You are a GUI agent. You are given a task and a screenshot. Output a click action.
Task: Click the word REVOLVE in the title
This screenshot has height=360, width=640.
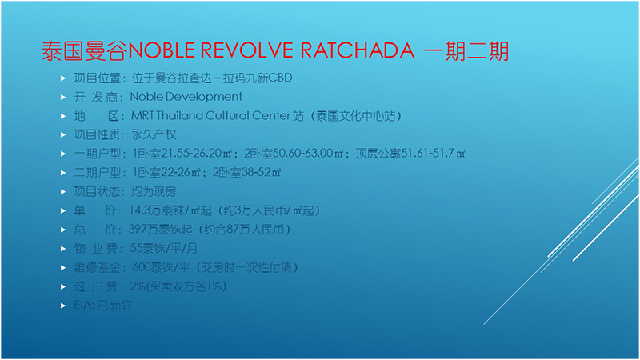point(247,50)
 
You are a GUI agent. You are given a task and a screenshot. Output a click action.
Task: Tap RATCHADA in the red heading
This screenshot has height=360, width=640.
point(358,50)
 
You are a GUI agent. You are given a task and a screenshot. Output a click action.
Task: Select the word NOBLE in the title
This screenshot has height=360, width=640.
point(162,50)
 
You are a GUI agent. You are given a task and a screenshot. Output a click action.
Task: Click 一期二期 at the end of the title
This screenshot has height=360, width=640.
point(466,51)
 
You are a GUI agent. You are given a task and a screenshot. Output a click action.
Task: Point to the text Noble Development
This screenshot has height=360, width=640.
point(186,97)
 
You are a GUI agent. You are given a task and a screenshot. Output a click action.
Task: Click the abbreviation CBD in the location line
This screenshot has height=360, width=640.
point(281,78)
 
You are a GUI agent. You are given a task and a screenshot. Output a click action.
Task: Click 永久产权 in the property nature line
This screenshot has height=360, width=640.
point(154,134)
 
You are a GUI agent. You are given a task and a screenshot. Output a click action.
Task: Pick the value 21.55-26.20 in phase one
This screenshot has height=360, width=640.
point(191,154)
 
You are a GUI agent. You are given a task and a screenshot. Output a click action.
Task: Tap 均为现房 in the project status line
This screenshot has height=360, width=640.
point(154,191)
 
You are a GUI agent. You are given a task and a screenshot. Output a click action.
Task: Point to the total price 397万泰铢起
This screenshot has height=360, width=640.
point(161,230)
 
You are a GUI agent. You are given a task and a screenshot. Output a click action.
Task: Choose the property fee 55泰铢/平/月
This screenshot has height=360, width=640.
point(164,248)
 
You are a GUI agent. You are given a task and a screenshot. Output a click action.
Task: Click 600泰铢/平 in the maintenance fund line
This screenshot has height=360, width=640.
point(161,267)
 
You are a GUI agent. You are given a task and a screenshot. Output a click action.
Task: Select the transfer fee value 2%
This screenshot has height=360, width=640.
point(138,286)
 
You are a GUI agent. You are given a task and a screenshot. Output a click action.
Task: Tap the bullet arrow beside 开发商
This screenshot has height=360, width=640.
point(63,97)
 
